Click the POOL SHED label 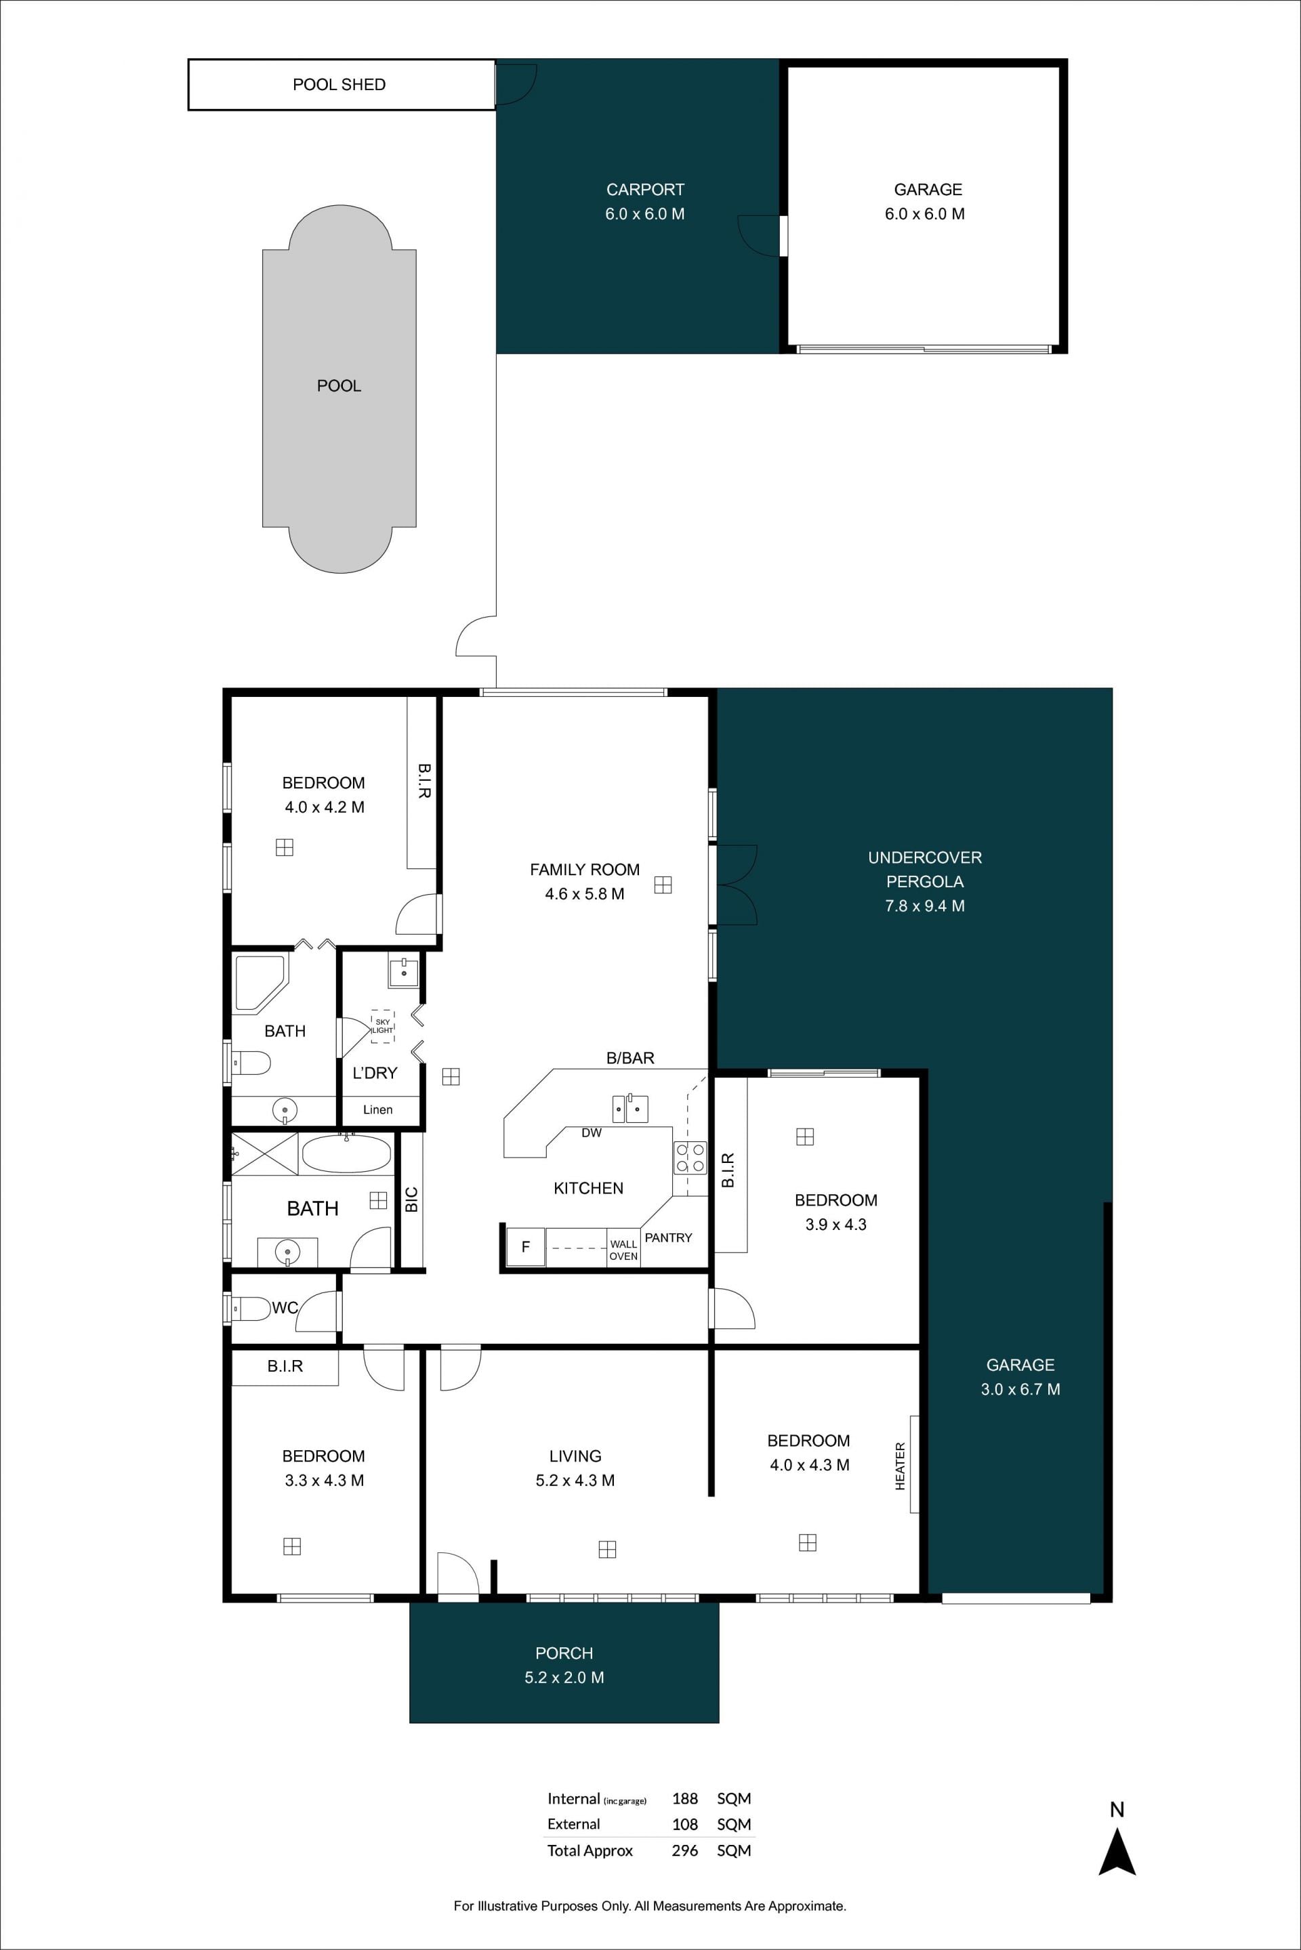coord(339,85)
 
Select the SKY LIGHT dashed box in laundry coord(382,1026)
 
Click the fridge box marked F coord(524,1247)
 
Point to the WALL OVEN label coord(623,1250)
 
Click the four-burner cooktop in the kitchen coord(690,1158)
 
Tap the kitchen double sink coord(629,1108)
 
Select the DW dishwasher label coord(592,1133)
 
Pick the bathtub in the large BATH coord(346,1153)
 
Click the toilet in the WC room coord(251,1309)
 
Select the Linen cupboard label coord(377,1109)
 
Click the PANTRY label coord(668,1237)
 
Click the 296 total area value coord(684,1850)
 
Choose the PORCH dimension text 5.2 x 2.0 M coord(564,1677)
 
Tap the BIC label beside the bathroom coord(411,1200)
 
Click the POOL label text coord(339,385)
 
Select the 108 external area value coord(684,1824)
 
